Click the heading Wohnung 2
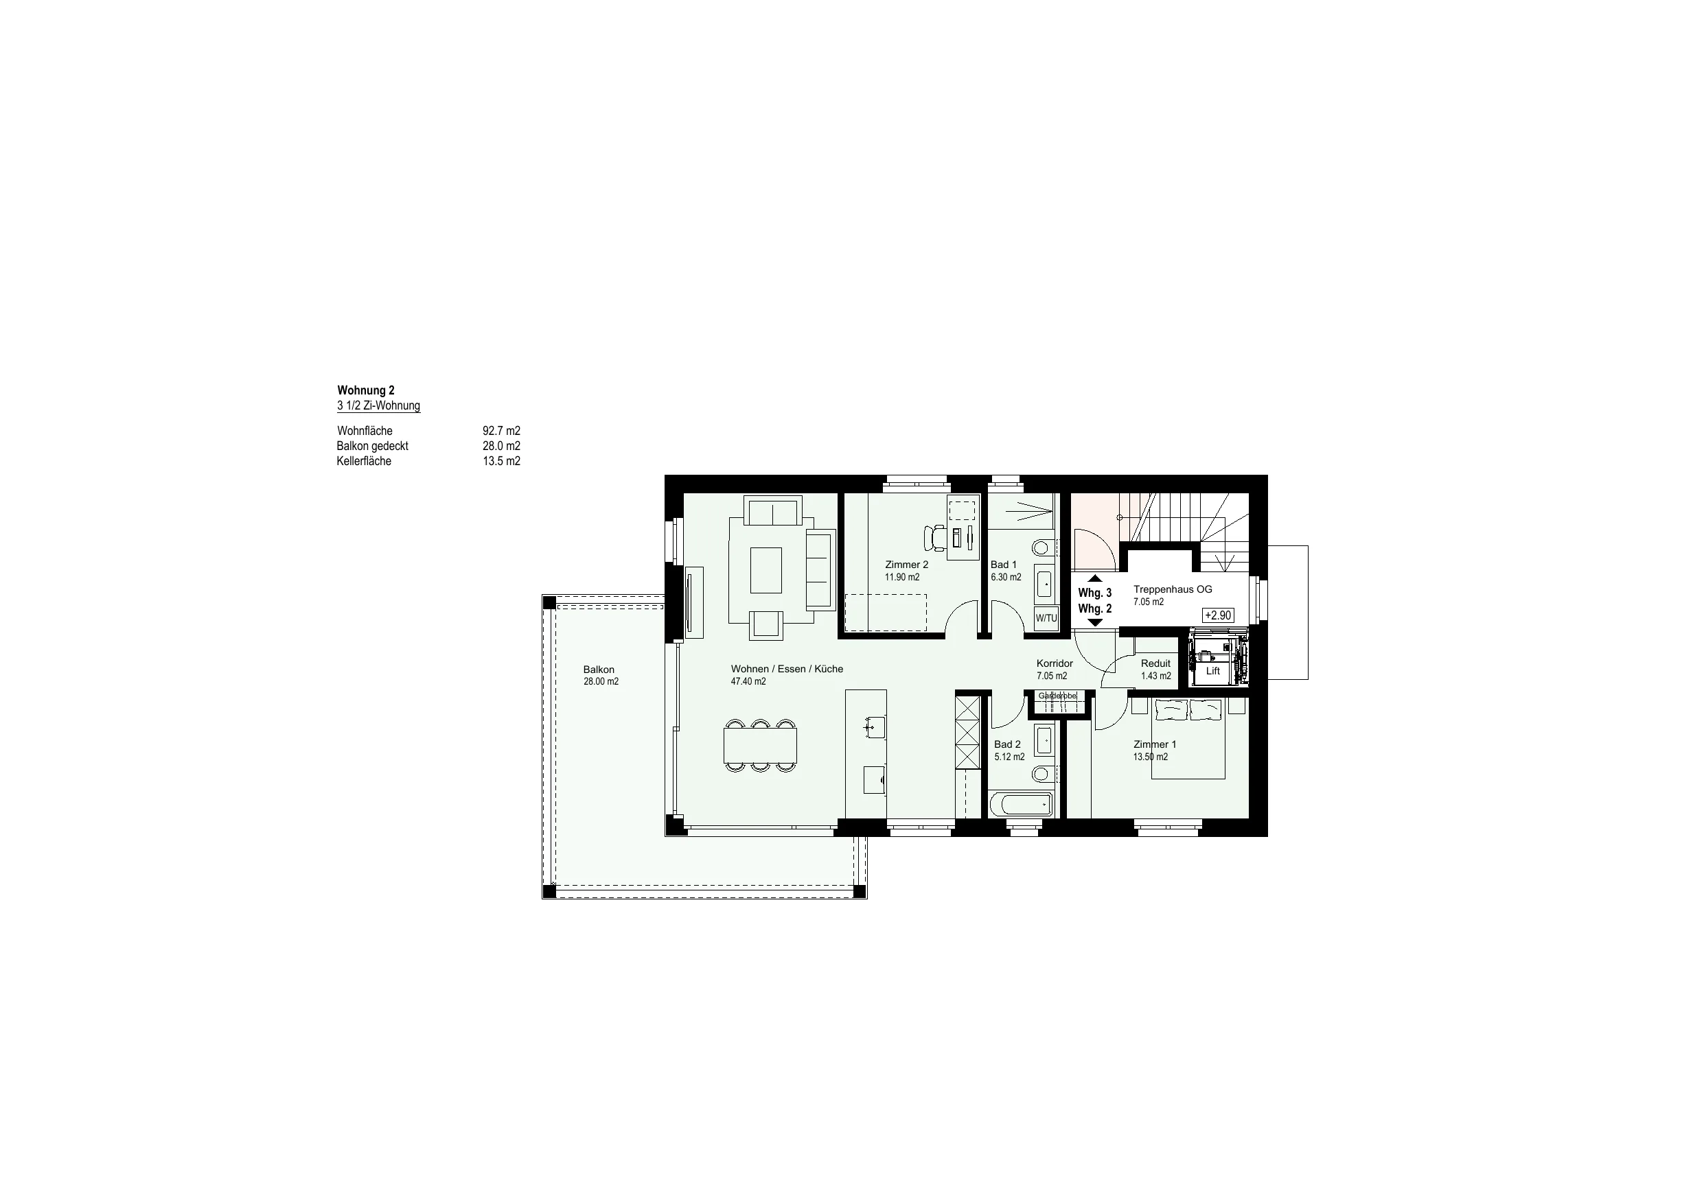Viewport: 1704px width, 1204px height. (366, 390)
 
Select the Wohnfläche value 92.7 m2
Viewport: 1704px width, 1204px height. (501, 431)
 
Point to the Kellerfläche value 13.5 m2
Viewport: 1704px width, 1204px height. (501, 462)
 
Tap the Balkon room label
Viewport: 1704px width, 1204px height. (599, 670)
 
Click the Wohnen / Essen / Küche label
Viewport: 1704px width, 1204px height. (787, 669)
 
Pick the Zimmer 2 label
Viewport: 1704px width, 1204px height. (906, 565)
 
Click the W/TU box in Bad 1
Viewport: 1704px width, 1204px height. (1046, 618)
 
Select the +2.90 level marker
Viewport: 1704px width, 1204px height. (1218, 615)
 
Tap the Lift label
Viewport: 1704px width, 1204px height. (1212, 672)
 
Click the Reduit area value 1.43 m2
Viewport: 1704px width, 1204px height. (1155, 676)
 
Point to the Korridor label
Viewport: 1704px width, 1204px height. (1055, 664)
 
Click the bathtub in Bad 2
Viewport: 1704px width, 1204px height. (1021, 805)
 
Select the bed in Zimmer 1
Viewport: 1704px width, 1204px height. (1188, 738)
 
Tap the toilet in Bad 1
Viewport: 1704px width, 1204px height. (1042, 548)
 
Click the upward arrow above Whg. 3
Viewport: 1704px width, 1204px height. (1096, 578)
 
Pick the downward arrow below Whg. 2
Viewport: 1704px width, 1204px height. (1096, 623)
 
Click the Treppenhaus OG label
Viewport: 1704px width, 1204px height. (1173, 590)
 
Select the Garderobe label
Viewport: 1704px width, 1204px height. (1057, 696)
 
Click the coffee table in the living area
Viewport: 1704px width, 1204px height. (766, 569)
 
